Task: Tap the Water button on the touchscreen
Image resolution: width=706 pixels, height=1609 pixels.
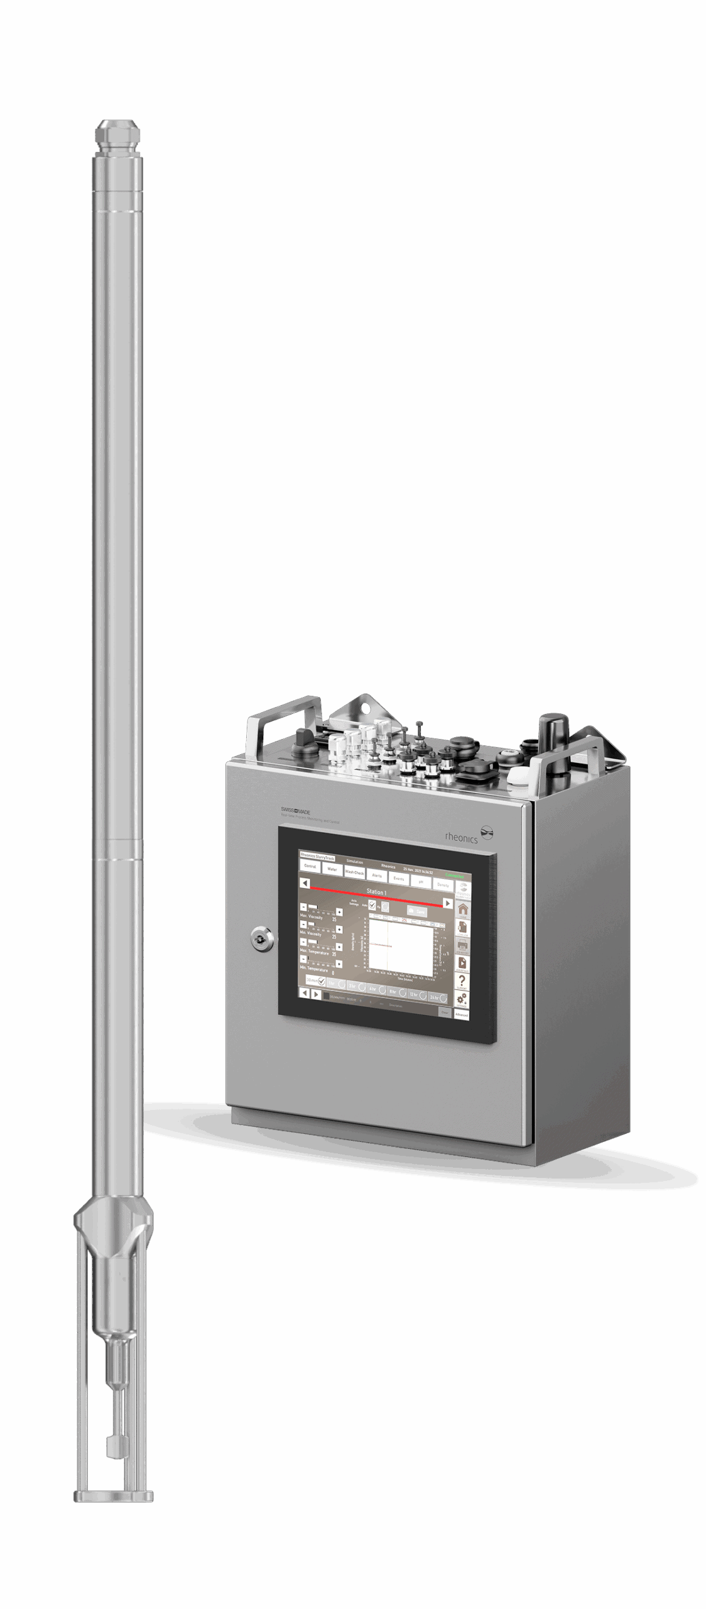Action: coord(332,869)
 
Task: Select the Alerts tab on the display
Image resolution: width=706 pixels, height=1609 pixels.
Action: coord(377,876)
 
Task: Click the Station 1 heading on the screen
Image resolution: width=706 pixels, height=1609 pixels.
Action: coord(376,892)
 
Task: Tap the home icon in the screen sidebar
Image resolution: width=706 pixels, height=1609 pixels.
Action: coord(462,909)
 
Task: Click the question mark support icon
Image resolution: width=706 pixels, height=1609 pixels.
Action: coord(462,981)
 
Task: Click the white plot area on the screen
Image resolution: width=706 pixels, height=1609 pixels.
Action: coord(401,948)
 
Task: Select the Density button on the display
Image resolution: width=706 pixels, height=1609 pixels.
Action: coord(443,884)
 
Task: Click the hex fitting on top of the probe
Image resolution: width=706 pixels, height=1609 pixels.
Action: coord(117,135)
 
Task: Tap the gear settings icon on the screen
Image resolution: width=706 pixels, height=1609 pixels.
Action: coord(461,999)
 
